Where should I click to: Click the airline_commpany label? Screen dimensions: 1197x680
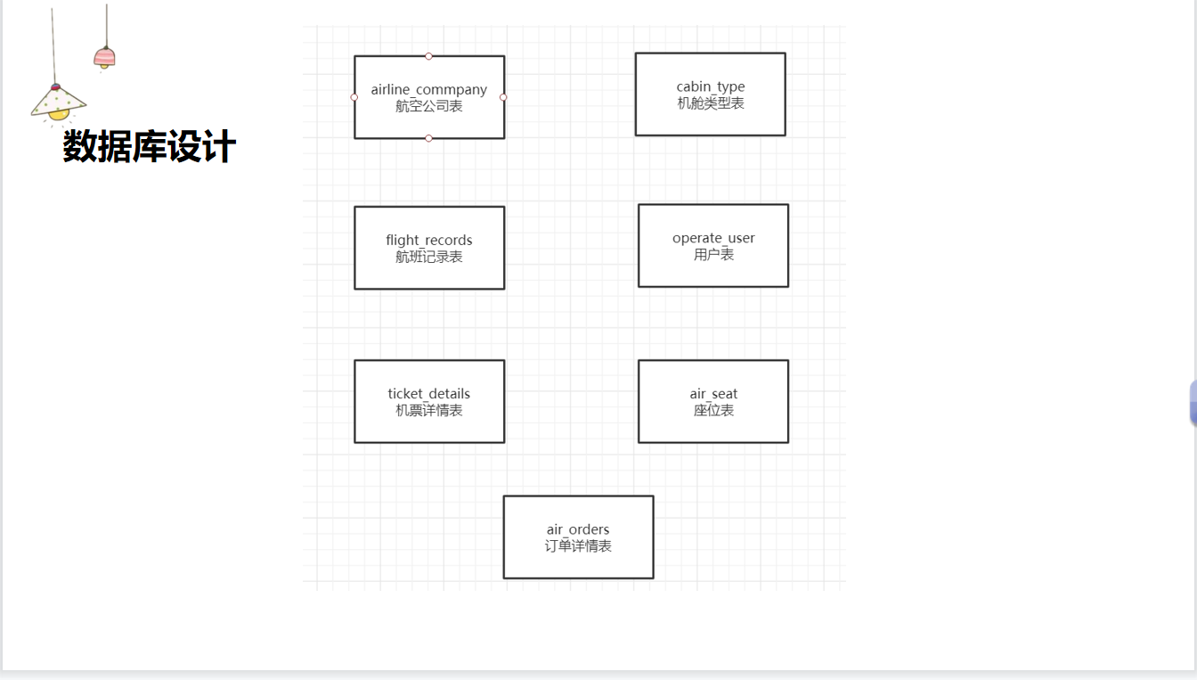(x=429, y=89)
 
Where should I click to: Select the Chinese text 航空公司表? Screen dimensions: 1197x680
(x=429, y=106)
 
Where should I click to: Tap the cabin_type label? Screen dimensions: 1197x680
(x=711, y=86)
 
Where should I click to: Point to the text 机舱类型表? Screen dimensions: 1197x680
(x=711, y=103)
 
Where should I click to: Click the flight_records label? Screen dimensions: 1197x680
(x=429, y=240)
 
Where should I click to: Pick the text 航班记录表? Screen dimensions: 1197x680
(x=429, y=257)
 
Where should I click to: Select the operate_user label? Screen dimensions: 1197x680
(x=713, y=238)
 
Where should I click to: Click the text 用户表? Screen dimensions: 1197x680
(x=713, y=255)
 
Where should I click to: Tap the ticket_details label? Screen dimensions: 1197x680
(x=429, y=393)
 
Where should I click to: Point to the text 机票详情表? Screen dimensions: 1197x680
(x=429, y=410)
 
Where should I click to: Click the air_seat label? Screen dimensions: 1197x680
(x=713, y=393)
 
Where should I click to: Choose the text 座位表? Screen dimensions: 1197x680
(x=713, y=410)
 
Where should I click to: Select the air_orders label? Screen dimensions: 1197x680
(x=578, y=529)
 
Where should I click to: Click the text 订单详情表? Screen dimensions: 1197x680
(x=578, y=546)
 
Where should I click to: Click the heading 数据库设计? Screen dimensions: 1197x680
(x=150, y=146)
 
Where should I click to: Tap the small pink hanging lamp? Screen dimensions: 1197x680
(x=105, y=58)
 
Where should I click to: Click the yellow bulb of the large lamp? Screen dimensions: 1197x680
(x=59, y=114)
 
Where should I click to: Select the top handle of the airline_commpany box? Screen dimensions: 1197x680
(x=428, y=56)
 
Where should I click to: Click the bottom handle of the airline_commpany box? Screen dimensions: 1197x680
(x=428, y=138)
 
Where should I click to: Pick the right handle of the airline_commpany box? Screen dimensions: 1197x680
(x=503, y=97)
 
